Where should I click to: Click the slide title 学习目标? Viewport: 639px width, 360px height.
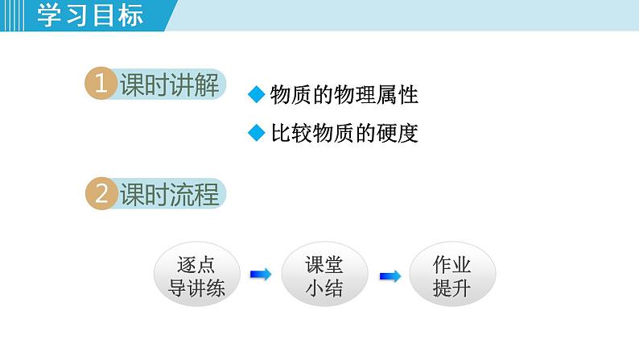click(x=90, y=15)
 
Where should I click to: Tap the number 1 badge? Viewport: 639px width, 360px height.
click(x=101, y=85)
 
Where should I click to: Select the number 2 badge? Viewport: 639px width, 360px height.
click(x=101, y=195)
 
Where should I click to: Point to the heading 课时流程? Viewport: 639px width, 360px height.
click(x=169, y=195)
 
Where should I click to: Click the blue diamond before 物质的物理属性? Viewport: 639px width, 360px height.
click(x=256, y=95)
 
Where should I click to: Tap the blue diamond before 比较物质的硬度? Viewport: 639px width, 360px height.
click(x=256, y=133)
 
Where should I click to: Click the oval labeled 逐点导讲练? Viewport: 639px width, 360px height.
click(x=197, y=276)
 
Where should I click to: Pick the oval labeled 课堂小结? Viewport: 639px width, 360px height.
click(x=324, y=276)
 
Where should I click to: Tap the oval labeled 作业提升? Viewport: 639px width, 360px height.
click(x=451, y=276)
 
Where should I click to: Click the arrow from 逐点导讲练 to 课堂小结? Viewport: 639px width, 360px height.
click(x=260, y=275)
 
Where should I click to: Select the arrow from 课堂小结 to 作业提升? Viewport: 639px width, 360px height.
click(x=390, y=275)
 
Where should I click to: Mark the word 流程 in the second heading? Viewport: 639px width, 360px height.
click(x=194, y=195)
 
